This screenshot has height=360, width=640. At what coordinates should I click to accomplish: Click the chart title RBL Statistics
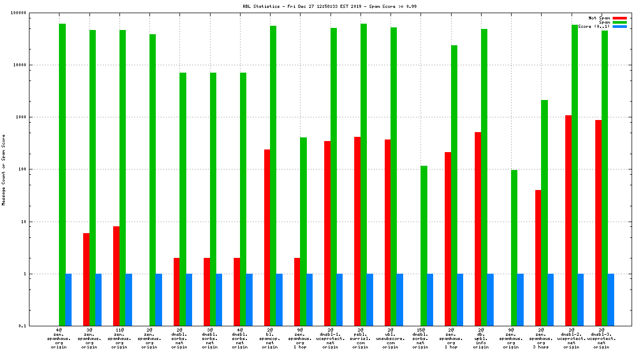pyautogui.click(x=319, y=6)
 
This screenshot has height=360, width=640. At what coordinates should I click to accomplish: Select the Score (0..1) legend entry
pyautogui.click(x=593, y=26)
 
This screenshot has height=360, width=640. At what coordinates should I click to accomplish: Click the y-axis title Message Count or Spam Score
pyautogui.click(x=4, y=169)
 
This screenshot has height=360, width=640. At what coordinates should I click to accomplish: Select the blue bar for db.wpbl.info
pyautogui.click(x=490, y=300)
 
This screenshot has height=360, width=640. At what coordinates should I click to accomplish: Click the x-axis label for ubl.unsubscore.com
pyautogui.click(x=390, y=338)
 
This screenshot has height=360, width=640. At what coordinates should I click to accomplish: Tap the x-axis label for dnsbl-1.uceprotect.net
pyautogui.click(x=330, y=338)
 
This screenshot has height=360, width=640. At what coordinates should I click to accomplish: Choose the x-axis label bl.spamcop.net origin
pyautogui.click(x=270, y=338)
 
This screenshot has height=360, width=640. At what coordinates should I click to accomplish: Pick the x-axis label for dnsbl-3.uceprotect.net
pyautogui.click(x=602, y=338)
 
